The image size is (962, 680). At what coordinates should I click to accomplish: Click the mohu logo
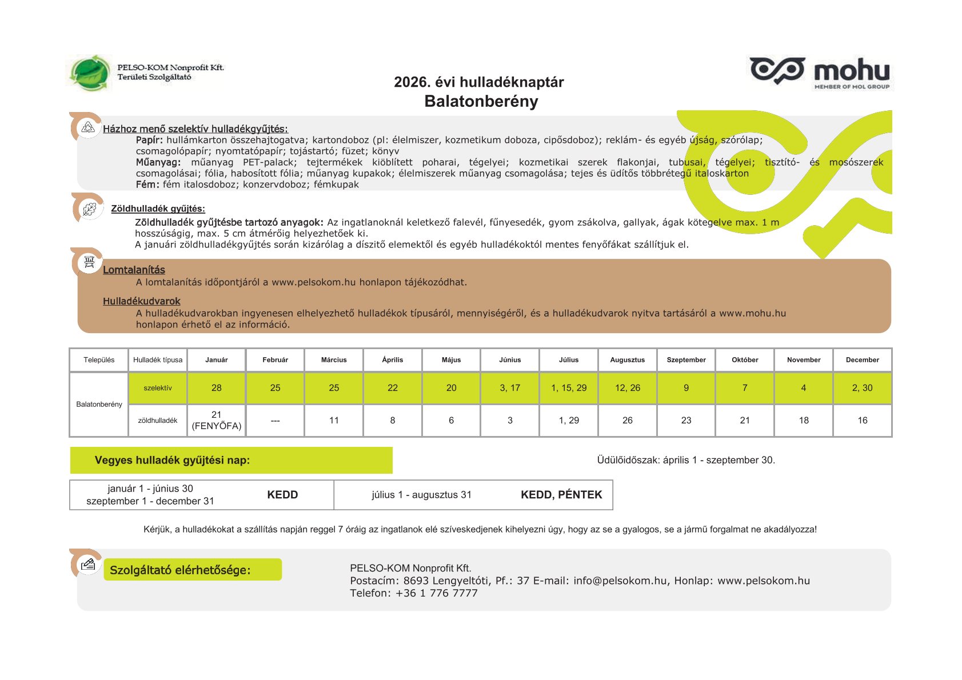coord(820,73)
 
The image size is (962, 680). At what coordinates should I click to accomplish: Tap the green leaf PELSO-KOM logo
coord(89,73)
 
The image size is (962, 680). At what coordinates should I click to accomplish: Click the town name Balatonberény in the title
coord(481,101)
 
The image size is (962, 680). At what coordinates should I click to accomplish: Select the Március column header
coord(334,360)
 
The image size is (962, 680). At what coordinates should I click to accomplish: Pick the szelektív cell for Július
coord(569,388)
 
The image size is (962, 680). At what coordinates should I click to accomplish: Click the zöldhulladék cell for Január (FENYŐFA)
coord(217,420)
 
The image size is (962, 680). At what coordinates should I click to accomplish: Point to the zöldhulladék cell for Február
coord(275,421)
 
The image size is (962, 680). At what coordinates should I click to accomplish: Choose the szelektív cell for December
coord(862,388)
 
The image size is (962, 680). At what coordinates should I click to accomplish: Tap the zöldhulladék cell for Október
coord(745,421)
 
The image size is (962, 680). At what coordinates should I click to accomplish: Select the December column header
coord(862,360)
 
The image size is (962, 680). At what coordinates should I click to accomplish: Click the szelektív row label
coord(158,388)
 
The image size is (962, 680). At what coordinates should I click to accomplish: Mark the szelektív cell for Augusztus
coord(628,388)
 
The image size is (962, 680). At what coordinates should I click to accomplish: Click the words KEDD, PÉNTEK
coord(561,495)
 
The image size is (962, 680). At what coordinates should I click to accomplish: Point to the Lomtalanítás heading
coord(134,270)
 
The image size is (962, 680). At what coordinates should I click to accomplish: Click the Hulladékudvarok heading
coord(141,301)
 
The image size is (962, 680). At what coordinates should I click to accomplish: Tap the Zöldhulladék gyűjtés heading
coord(158,209)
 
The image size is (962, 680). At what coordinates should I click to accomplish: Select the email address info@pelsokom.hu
coord(620,581)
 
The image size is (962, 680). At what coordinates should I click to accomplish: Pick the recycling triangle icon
coord(88,127)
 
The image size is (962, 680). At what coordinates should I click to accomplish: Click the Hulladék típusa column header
coord(158,360)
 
